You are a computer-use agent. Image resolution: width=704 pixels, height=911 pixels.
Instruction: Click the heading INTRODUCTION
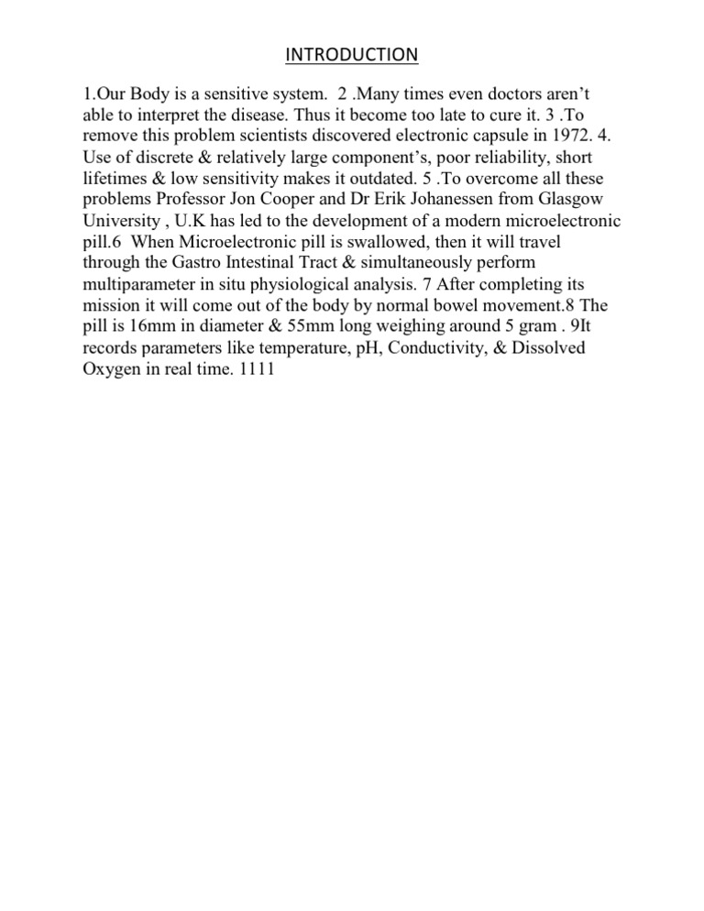(351, 57)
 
